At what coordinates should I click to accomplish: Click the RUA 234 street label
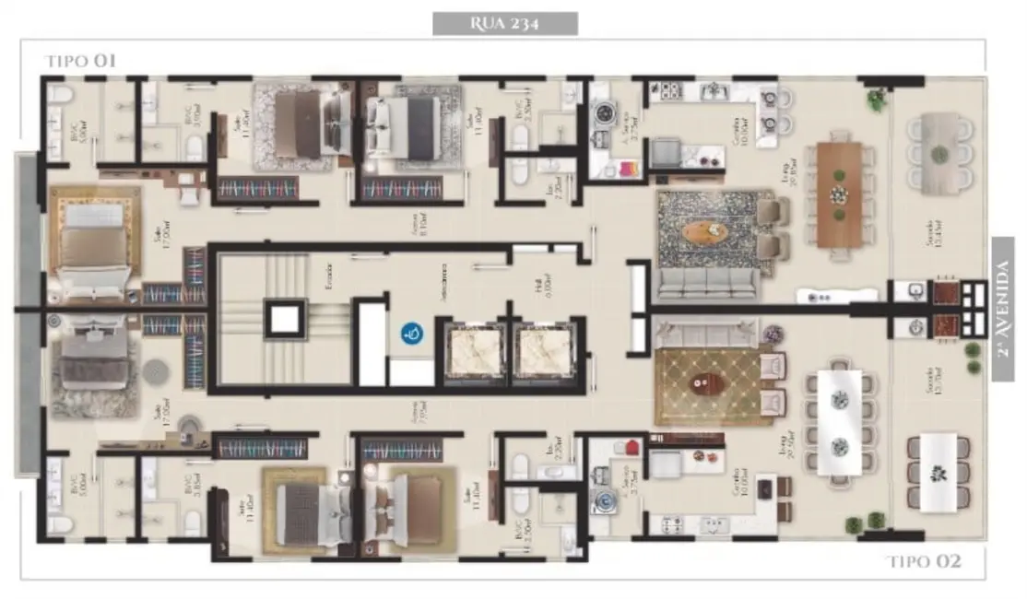click(x=505, y=23)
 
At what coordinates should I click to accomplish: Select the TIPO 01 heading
click(x=79, y=62)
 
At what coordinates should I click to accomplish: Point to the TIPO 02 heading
click(x=924, y=561)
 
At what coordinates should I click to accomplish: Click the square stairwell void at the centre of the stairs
click(x=283, y=319)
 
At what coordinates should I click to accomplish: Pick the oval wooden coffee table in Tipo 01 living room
click(x=705, y=230)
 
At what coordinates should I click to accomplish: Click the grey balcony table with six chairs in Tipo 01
click(x=938, y=152)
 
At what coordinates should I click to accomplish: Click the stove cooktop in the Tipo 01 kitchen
click(x=666, y=92)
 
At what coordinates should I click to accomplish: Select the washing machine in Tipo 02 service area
click(x=606, y=502)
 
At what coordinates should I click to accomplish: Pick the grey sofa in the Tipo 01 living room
click(x=708, y=283)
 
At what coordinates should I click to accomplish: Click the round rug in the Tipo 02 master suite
click(x=157, y=371)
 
